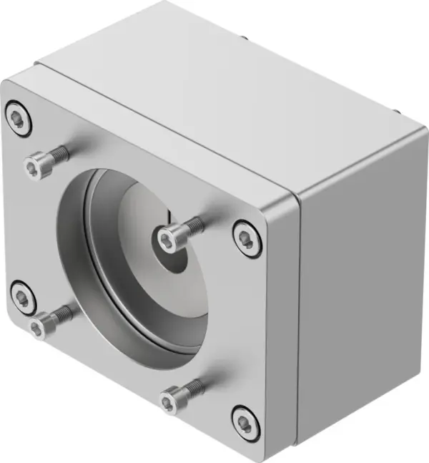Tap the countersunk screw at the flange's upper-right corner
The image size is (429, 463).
tap(247, 238)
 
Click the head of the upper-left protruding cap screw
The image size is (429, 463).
tap(36, 167)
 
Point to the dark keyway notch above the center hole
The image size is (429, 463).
tap(169, 215)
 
